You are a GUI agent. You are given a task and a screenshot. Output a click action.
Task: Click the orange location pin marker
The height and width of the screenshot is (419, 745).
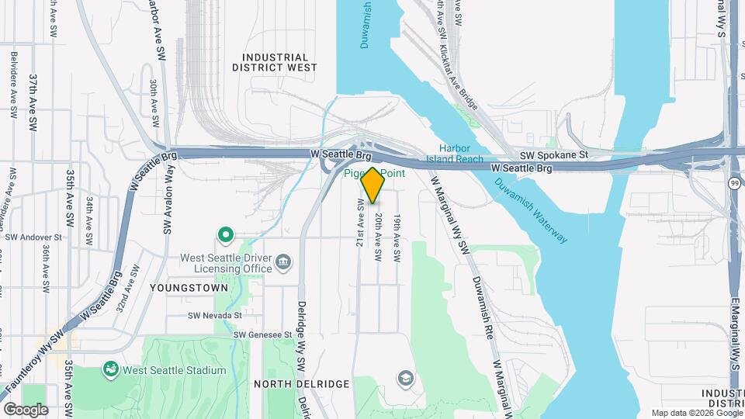[372, 185]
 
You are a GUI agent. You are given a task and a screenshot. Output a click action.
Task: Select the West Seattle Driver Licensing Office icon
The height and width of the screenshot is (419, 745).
[284, 262]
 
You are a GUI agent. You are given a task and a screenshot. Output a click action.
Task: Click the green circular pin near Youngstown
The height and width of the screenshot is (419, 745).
[226, 234]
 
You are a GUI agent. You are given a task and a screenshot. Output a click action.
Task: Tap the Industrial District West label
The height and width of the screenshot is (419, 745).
[275, 62]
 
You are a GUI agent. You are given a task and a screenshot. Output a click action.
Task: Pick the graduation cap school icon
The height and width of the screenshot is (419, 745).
[404, 379]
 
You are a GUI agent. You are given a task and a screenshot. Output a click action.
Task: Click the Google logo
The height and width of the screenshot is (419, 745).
[25, 409]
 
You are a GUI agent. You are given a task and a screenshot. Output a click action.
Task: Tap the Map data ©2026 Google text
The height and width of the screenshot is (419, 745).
[695, 413]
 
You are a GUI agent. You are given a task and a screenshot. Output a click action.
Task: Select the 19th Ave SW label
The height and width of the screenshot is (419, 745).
[397, 237]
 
